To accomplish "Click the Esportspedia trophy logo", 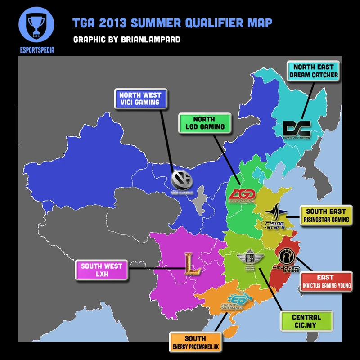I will tap(36, 24).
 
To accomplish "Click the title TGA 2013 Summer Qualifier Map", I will tap(172, 22).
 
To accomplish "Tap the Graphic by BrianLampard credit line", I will tap(126, 40).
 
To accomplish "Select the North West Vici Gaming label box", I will tap(140, 99).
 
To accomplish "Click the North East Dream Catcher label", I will tap(314, 71).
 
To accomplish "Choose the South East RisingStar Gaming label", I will tap(326, 215).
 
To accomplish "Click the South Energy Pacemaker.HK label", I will tap(195, 342).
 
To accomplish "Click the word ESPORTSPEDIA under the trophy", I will tap(36, 50).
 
